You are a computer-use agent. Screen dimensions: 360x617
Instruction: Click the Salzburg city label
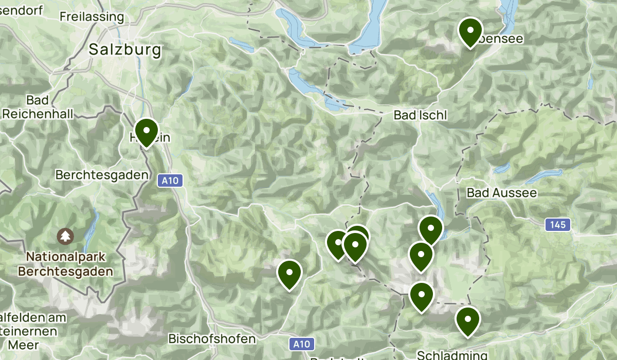pos(125,50)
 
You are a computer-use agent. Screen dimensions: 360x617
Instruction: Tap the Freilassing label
pos(92,16)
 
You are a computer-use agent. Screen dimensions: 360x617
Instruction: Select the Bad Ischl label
pos(420,115)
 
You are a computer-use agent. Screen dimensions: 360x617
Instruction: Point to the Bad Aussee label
pos(501,193)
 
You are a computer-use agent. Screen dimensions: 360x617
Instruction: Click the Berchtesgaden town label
pos(101,175)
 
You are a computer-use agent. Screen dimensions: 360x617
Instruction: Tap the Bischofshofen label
pos(212,339)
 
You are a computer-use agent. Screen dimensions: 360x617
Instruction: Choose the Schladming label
pos(452,355)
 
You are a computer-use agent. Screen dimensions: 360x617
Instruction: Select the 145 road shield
pos(557,224)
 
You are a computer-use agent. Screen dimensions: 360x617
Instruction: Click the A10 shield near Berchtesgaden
pos(169,181)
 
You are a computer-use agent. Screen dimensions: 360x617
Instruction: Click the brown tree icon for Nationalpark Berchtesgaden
pos(65,236)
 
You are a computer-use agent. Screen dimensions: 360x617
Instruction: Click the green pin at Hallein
pos(146,131)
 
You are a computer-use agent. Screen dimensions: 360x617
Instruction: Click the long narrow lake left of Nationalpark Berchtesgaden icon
pos(93,226)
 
